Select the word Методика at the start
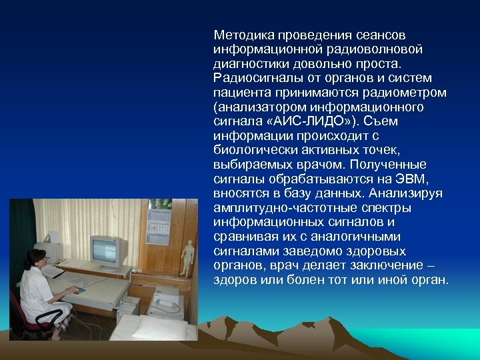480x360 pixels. coord(242,35)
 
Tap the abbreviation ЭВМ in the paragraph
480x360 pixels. coord(408,179)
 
